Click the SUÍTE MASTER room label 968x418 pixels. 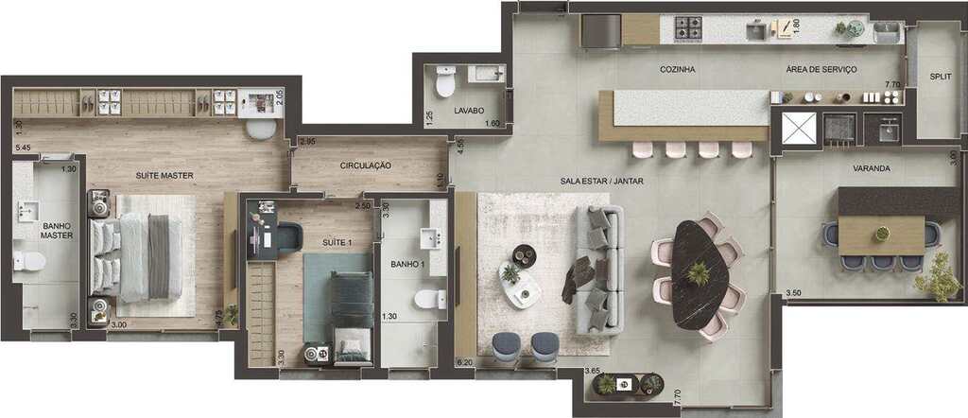(164, 176)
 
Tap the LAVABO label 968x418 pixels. (469, 112)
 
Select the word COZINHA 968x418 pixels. (677, 70)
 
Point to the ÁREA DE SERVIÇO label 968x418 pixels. (821, 70)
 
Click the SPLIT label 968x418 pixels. (941, 77)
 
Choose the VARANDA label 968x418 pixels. (871, 168)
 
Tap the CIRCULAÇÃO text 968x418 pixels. (366, 165)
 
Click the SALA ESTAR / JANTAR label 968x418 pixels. (602, 182)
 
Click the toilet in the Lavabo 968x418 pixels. (446, 81)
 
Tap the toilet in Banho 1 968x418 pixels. (430, 300)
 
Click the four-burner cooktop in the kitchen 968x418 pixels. (688, 27)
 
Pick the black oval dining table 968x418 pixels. (700, 274)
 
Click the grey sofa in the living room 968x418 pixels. (599, 270)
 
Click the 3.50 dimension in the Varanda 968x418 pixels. (794, 293)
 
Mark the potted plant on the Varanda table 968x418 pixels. (882, 234)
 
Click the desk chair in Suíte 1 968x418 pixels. (289, 237)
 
